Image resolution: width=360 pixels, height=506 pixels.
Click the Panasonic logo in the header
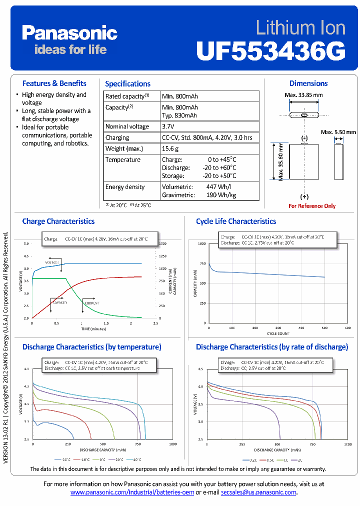pyautogui.click(x=69, y=33)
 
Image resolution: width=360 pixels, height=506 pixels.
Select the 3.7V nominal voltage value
pyautogui.click(x=168, y=126)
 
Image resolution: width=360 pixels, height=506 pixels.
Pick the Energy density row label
pyautogui.click(x=125, y=187)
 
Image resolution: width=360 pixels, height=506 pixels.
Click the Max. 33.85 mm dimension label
pyautogui.click(x=303, y=95)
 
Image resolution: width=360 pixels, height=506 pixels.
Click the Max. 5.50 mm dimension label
pyautogui.click(x=338, y=132)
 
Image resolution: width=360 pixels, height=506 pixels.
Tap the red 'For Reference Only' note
pyautogui.click(x=312, y=206)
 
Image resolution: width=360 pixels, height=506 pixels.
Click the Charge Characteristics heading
pyautogui.click(x=58, y=221)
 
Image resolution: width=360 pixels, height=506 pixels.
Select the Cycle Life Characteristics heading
pyautogui.click(x=236, y=221)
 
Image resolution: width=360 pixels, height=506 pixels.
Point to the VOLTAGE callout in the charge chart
pyautogui.click(x=52, y=262)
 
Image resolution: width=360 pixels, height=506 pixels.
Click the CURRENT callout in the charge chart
pyautogui.click(x=91, y=303)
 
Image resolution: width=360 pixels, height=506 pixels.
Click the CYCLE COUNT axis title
pyautogui.click(x=277, y=333)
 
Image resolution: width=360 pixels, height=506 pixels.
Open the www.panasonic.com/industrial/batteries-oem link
pyautogui.click(x=132, y=492)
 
